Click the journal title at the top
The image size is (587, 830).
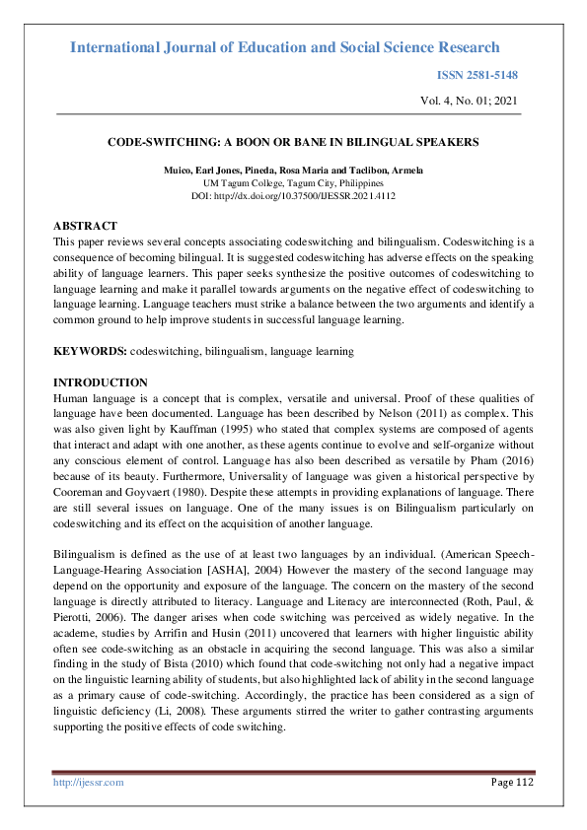click(285, 47)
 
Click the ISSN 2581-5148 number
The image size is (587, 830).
click(477, 75)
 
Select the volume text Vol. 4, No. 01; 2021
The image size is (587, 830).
click(468, 101)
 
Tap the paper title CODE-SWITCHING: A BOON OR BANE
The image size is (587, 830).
click(293, 142)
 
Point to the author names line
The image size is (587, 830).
click(293, 171)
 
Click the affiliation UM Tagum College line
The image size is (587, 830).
click(293, 183)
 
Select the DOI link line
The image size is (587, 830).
click(293, 196)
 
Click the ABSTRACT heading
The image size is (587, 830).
click(85, 226)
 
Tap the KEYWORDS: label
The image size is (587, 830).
click(90, 351)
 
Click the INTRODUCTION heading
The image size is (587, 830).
click(100, 382)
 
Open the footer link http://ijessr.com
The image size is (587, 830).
click(88, 782)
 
